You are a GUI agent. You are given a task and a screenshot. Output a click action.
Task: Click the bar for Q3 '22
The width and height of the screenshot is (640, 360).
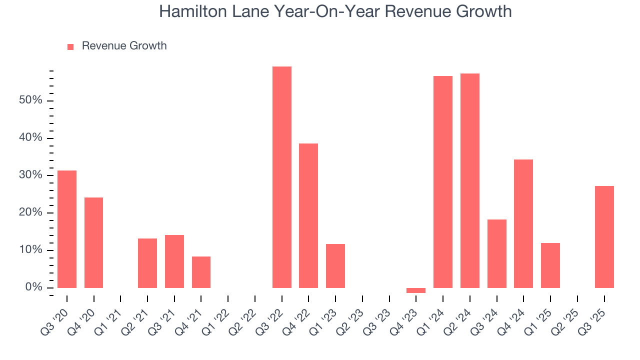pyautogui.click(x=281, y=177)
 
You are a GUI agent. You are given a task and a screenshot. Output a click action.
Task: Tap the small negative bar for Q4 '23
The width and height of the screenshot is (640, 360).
pyautogui.click(x=416, y=290)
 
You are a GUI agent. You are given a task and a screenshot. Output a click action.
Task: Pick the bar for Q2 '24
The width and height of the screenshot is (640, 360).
pyautogui.click(x=470, y=180)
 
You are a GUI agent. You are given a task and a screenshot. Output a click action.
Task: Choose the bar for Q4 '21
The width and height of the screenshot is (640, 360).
pyautogui.click(x=201, y=272)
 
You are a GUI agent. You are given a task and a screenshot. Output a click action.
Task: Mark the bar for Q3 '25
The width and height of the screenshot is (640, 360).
pyautogui.click(x=604, y=237)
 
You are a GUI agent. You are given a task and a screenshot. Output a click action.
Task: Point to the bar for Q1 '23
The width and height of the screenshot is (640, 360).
pyautogui.click(x=335, y=266)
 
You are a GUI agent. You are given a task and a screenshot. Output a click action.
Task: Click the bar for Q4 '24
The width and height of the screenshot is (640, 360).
pyautogui.click(x=523, y=223)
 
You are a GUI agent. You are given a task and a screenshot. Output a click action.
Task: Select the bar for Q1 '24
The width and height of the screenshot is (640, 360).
pyautogui.click(x=443, y=182)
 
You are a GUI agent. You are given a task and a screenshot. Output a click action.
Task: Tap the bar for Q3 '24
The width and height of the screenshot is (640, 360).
pyautogui.click(x=496, y=253)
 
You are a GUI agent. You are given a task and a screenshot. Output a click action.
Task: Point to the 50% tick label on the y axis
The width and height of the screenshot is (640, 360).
pyautogui.click(x=31, y=100)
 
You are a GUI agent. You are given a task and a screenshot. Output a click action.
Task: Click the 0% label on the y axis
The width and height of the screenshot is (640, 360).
pyautogui.click(x=34, y=287)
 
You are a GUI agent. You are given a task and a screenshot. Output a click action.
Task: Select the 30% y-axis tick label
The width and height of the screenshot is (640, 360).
pyautogui.click(x=31, y=175)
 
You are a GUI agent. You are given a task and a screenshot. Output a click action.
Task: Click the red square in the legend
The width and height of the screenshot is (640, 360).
pyautogui.click(x=70, y=46)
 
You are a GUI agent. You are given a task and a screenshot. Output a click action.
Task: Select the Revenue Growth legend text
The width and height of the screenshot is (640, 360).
pyautogui.click(x=124, y=46)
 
